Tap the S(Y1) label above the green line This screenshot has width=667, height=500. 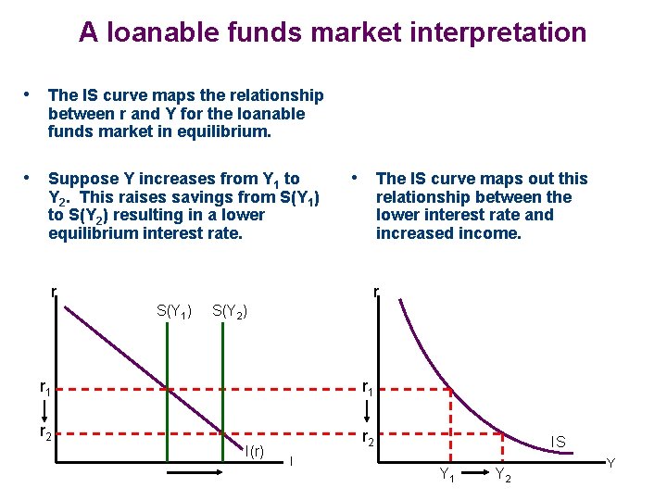[x=174, y=312]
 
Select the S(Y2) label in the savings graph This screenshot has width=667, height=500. [x=230, y=312]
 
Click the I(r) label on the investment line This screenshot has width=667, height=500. [x=254, y=452]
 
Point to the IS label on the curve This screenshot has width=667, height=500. [x=560, y=444]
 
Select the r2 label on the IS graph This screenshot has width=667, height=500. [x=370, y=439]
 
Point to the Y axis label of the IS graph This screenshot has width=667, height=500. [x=610, y=462]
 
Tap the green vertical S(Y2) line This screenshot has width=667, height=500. [x=224, y=389]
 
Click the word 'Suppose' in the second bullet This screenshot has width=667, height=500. [x=83, y=179]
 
